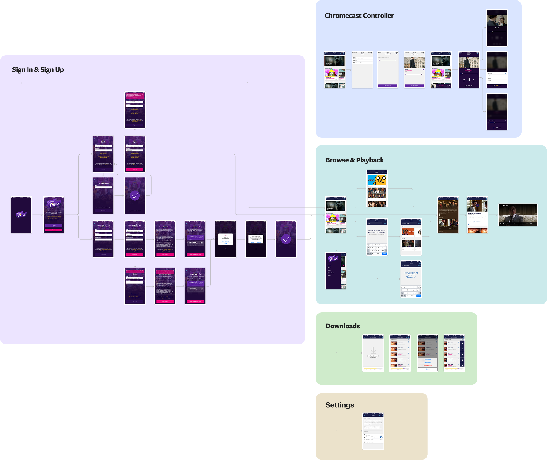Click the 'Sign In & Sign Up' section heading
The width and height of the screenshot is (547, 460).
(38, 70)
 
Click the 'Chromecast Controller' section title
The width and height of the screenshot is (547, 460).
(359, 16)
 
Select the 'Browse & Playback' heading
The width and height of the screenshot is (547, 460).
(354, 160)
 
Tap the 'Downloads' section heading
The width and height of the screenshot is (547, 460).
(342, 326)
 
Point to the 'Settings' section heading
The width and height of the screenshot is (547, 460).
(339, 405)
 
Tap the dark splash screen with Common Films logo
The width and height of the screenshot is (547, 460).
(21, 215)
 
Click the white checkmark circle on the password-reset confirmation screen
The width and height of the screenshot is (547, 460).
(135, 196)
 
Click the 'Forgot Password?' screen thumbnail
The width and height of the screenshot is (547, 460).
(103, 195)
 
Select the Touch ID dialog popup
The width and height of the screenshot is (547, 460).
(225, 239)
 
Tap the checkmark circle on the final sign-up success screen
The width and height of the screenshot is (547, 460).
(286, 240)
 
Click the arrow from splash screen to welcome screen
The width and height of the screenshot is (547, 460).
(37, 215)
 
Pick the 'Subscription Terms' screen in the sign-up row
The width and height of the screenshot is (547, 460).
(165, 239)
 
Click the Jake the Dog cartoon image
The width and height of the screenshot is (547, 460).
(381, 180)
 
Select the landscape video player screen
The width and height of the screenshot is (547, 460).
(518, 215)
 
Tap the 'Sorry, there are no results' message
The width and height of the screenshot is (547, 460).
(411, 275)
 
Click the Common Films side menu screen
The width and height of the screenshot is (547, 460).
(336, 271)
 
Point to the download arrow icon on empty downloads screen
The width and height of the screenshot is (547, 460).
(373, 351)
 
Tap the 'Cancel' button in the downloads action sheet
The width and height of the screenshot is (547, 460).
(427, 369)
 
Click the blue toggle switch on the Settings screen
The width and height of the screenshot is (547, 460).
(381, 437)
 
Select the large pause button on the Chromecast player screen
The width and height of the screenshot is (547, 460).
(469, 80)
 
